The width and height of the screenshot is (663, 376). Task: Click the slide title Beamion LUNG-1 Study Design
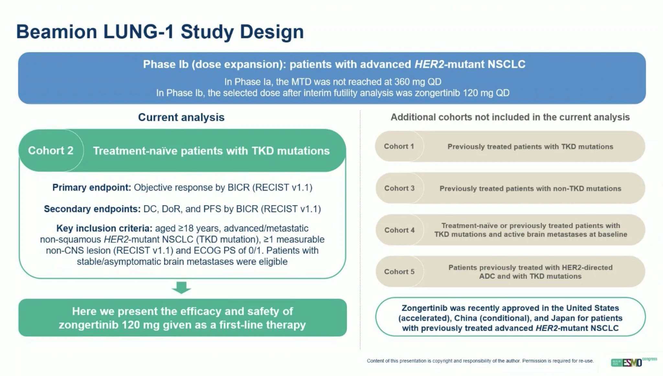(x=160, y=32)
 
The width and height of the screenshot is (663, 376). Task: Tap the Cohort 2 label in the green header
(x=51, y=151)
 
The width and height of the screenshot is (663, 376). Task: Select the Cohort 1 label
(x=399, y=146)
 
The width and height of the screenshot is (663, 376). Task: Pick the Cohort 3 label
(x=399, y=188)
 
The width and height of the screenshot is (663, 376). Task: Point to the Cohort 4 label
(x=399, y=230)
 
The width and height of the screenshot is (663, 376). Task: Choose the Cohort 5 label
(x=399, y=272)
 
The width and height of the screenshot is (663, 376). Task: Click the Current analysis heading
(x=181, y=117)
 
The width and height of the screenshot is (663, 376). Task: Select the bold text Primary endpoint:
(x=92, y=188)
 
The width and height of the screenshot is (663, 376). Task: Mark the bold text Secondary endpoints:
(x=92, y=209)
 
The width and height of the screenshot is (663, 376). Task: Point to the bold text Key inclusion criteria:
(x=104, y=228)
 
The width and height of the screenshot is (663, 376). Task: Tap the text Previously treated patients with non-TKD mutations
(x=530, y=188)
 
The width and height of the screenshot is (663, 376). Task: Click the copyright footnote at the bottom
(x=480, y=361)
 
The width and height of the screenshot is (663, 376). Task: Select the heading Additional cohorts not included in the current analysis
(x=510, y=117)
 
